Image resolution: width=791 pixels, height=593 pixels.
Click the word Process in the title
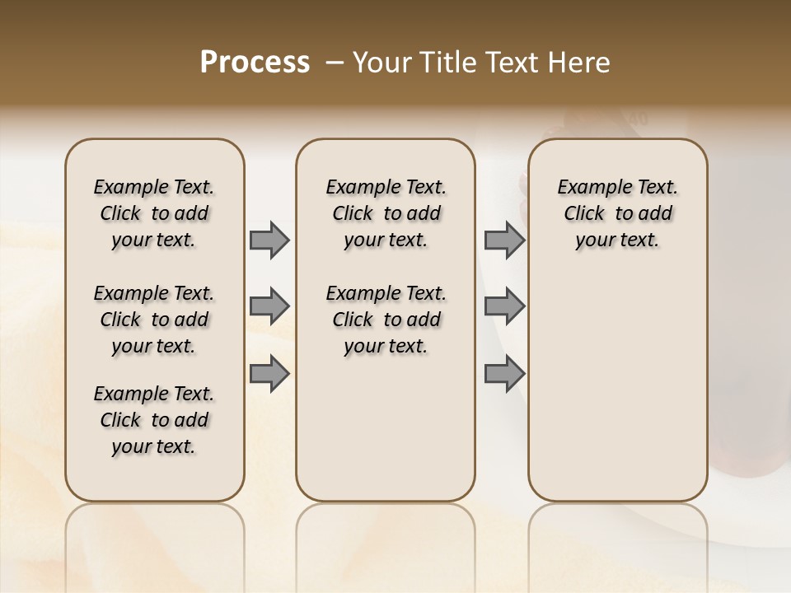(255, 63)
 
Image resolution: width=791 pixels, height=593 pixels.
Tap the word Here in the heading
(581, 63)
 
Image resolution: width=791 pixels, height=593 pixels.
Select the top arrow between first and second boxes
(269, 240)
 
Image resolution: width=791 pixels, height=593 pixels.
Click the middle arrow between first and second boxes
(269, 306)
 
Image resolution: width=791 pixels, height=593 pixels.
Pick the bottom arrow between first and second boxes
(269, 373)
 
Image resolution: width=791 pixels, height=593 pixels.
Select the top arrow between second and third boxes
(504, 240)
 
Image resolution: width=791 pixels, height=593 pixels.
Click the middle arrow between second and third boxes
(504, 306)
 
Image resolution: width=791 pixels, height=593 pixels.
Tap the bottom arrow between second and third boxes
(504, 373)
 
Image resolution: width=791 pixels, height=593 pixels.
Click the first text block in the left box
(154, 213)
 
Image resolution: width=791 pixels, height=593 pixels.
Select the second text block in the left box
(154, 320)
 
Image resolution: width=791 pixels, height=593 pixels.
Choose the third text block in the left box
(154, 420)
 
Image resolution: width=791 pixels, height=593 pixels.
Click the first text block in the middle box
(386, 213)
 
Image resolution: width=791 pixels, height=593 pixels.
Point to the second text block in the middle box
(386, 320)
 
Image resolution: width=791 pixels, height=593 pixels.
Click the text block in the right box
(618, 213)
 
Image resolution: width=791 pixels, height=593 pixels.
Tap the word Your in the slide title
(381, 63)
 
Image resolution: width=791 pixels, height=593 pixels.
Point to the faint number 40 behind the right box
(636, 120)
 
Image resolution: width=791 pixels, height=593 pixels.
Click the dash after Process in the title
(335, 63)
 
